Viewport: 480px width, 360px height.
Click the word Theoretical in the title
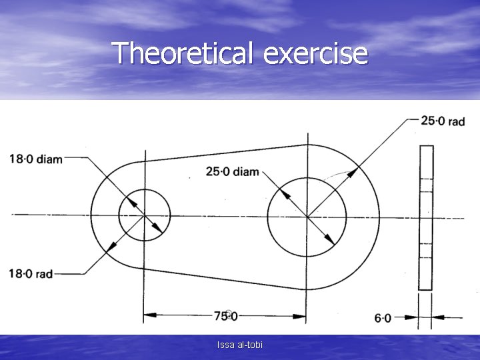(x=181, y=53)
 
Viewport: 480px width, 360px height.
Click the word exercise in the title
(x=315, y=53)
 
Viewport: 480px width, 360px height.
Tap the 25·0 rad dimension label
(x=443, y=121)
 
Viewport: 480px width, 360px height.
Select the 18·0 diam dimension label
(x=36, y=159)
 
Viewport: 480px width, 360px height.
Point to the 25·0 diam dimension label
(x=233, y=172)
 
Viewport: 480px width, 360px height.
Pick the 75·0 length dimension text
(x=226, y=315)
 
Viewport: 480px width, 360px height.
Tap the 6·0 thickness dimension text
(x=383, y=318)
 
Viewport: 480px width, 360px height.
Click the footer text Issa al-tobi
(x=239, y=345)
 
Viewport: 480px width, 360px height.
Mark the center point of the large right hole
(x=307, y=216)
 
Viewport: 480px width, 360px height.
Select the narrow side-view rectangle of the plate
(x=425, y=217)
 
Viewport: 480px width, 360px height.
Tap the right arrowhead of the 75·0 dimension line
(x=301, y=315)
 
